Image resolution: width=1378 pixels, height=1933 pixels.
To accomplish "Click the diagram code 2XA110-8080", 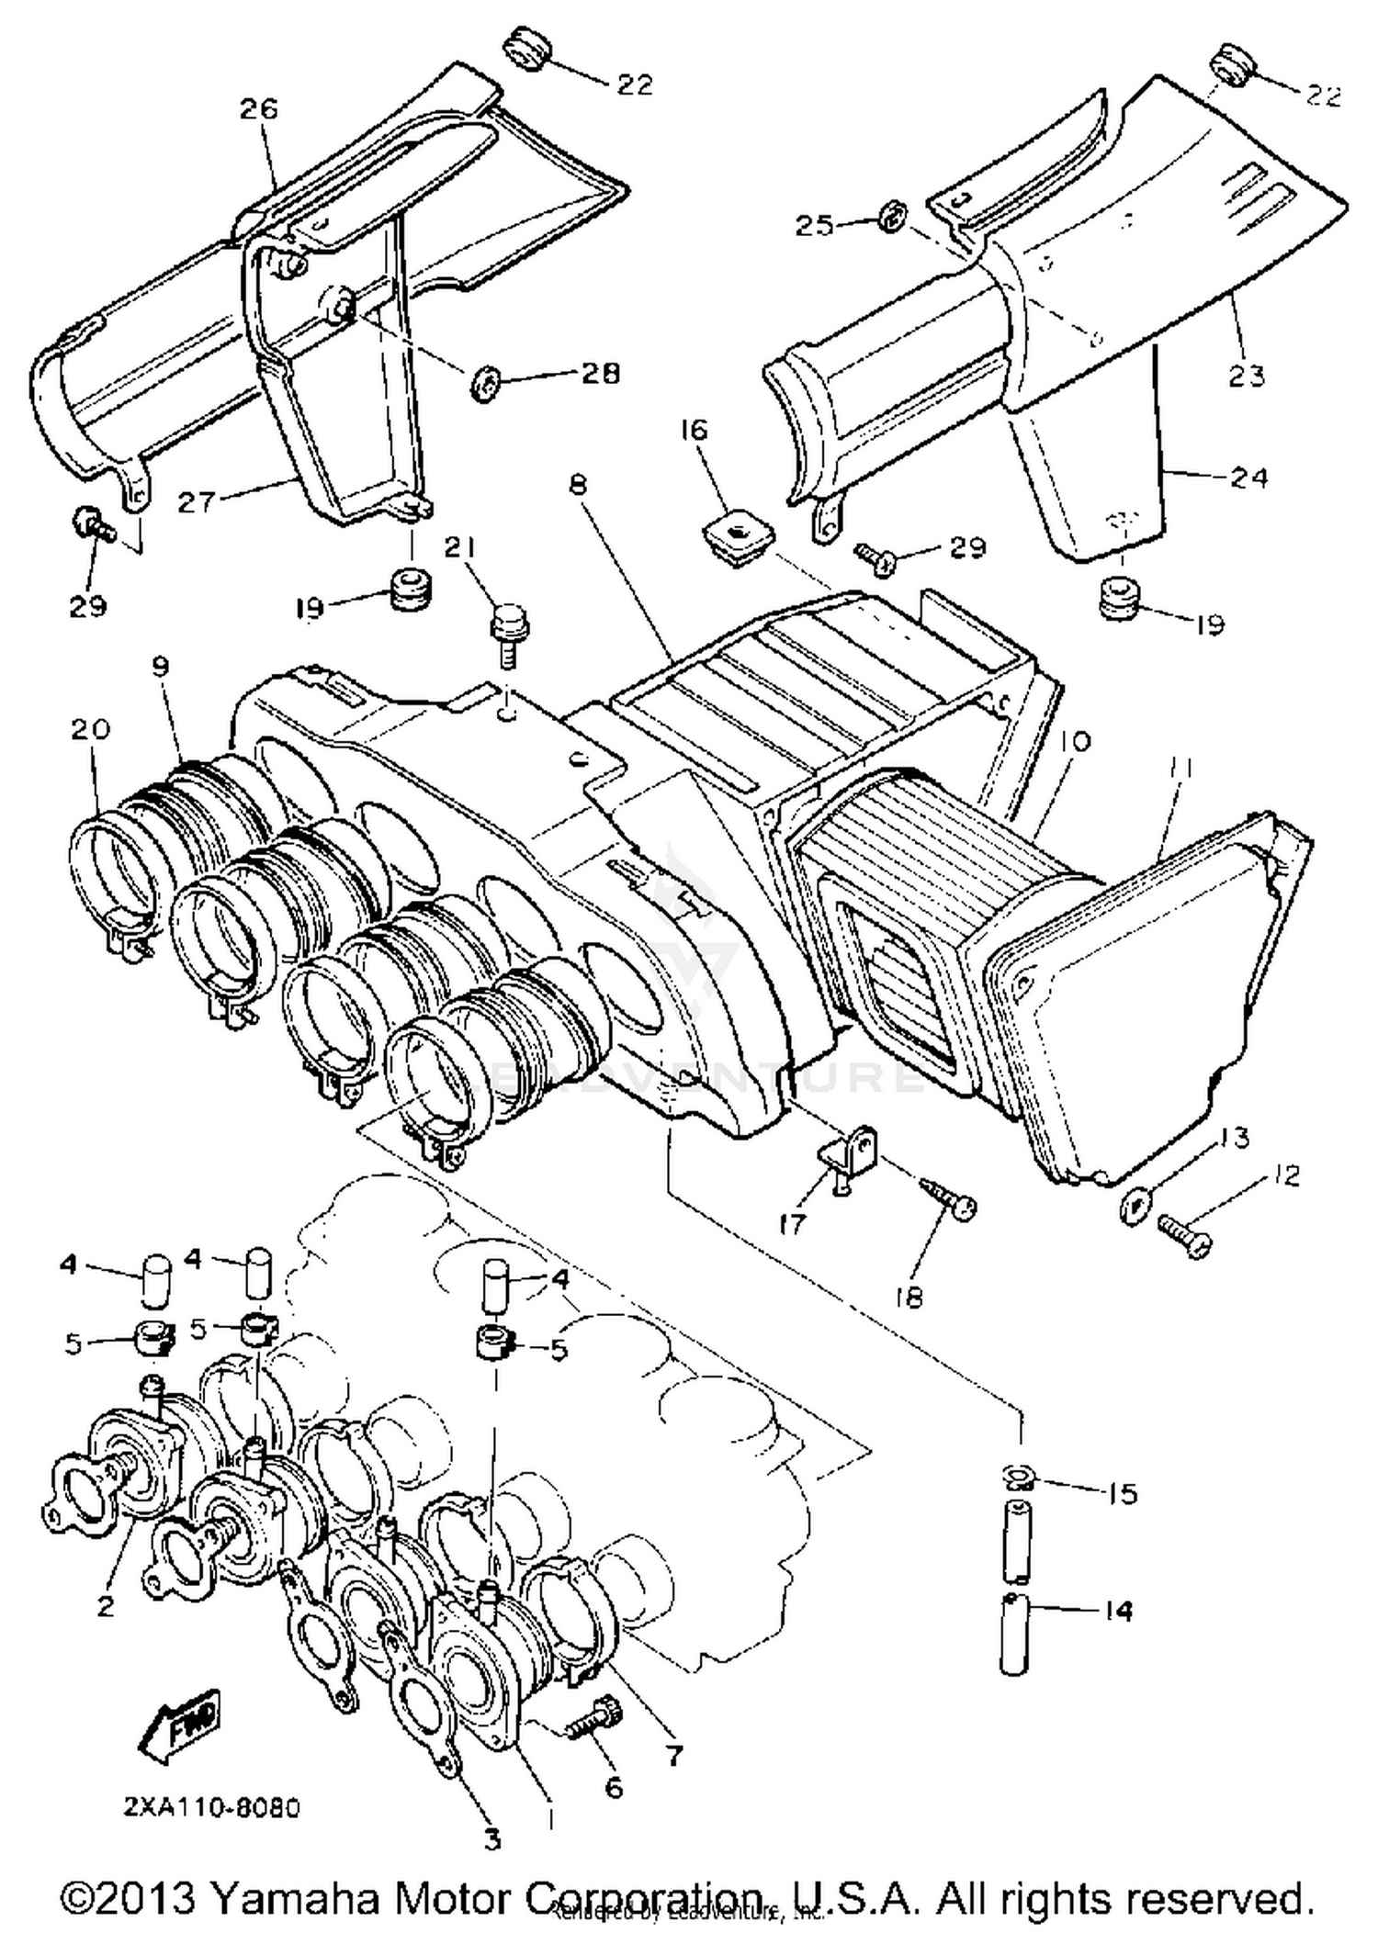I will (x=212, y=1807).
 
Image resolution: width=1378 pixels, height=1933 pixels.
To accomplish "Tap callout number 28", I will (x=600, y=373).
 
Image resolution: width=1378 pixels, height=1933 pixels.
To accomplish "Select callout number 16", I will (x=695, y=430).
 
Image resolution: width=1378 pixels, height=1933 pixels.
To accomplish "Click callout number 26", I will (x=258, y=109).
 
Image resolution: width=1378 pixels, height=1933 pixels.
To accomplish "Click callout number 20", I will (x=90, y=728).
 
